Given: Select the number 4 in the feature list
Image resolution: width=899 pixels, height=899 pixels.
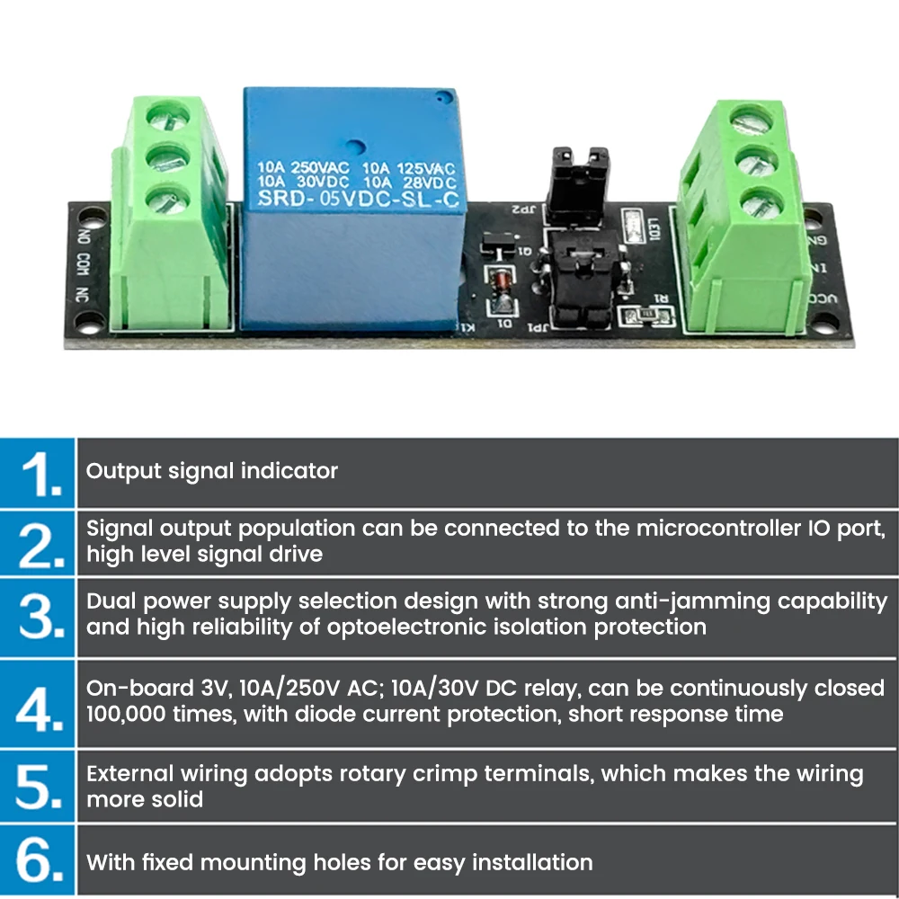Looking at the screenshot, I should coord(39,704).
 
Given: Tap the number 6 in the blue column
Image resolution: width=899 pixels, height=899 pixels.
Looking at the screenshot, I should coord(39,861).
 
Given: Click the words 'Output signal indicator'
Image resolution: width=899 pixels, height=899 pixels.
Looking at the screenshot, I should coord(212,470).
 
